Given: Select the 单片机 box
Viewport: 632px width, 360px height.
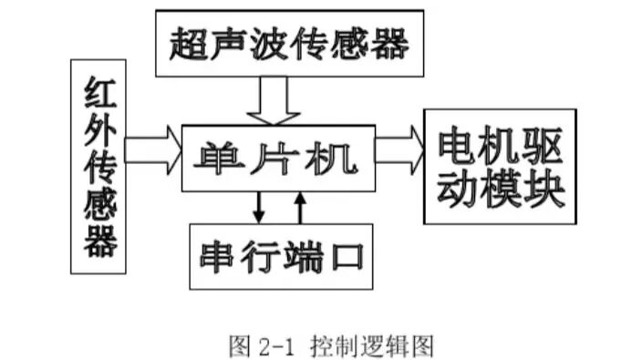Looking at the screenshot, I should [278, 159].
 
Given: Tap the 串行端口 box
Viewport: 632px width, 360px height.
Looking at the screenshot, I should [281, 256].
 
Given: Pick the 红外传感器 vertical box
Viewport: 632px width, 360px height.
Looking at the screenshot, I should [98, 167].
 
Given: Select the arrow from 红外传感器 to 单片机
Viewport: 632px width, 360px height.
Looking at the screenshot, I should [152, 149].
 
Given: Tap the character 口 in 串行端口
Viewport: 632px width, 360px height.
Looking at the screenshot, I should [344, 256].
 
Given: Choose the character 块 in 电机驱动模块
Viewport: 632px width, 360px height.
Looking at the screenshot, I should [545, 189].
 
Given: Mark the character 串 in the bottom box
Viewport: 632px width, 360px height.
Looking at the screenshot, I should [219, 256].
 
